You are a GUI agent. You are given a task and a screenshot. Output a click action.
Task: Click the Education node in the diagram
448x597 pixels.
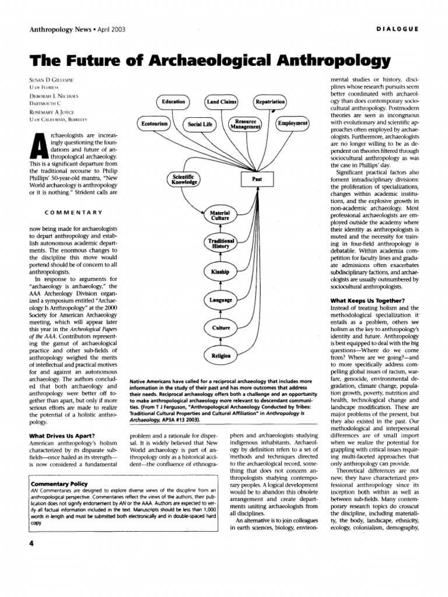click(173, 102)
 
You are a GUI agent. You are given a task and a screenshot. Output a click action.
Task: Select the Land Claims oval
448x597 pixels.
click(222, 102)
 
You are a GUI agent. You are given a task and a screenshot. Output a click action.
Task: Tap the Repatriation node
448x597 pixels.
click(270, 102)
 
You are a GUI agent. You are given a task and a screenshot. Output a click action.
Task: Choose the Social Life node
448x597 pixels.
click(199, 124)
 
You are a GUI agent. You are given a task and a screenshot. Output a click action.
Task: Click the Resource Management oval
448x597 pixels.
click(246, 124)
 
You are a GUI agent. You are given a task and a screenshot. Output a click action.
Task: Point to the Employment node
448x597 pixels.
click(293, 124)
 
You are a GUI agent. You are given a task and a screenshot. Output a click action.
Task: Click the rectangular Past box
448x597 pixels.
click(256, 180)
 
